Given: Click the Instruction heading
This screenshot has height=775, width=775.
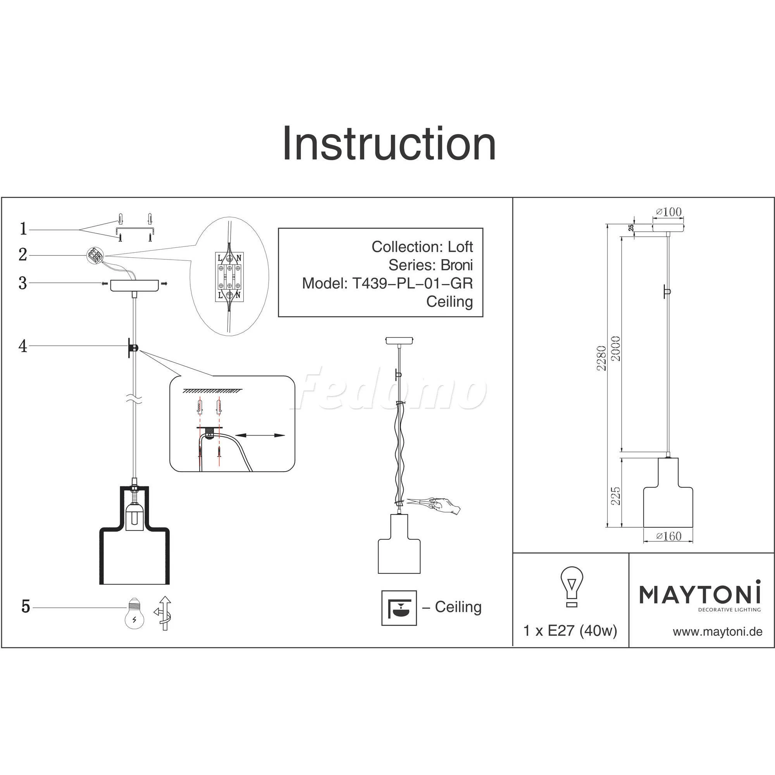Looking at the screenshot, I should (389, 144).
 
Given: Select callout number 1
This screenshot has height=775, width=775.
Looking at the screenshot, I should (23, 229).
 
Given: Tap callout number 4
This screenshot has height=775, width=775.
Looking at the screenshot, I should (23, 346).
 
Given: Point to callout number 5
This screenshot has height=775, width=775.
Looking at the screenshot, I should (26, 606).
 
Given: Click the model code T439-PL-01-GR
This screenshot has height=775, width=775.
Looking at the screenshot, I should (412, 283).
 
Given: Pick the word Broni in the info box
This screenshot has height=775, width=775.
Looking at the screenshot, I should (456, 265).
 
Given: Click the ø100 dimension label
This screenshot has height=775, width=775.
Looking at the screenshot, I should (669, 212).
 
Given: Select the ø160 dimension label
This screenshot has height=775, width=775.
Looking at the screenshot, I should (669, 536).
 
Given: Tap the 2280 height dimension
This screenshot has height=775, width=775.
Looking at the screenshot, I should (601, 358).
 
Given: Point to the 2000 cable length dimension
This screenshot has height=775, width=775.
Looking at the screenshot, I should (616, 348).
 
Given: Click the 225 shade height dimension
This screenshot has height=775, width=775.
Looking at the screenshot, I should (615, 496).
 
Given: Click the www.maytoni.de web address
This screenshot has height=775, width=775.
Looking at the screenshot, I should (718, 632).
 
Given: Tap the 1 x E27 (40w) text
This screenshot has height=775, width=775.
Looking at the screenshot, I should (570, 631).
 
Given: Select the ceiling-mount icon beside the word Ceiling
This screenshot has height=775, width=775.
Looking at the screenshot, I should (399, 608).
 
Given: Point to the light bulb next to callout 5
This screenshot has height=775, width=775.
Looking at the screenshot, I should (134, 613).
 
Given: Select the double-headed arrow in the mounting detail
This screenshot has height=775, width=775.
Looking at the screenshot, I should (260, 435).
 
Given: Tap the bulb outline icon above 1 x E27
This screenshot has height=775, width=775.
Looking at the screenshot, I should (572, 586).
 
